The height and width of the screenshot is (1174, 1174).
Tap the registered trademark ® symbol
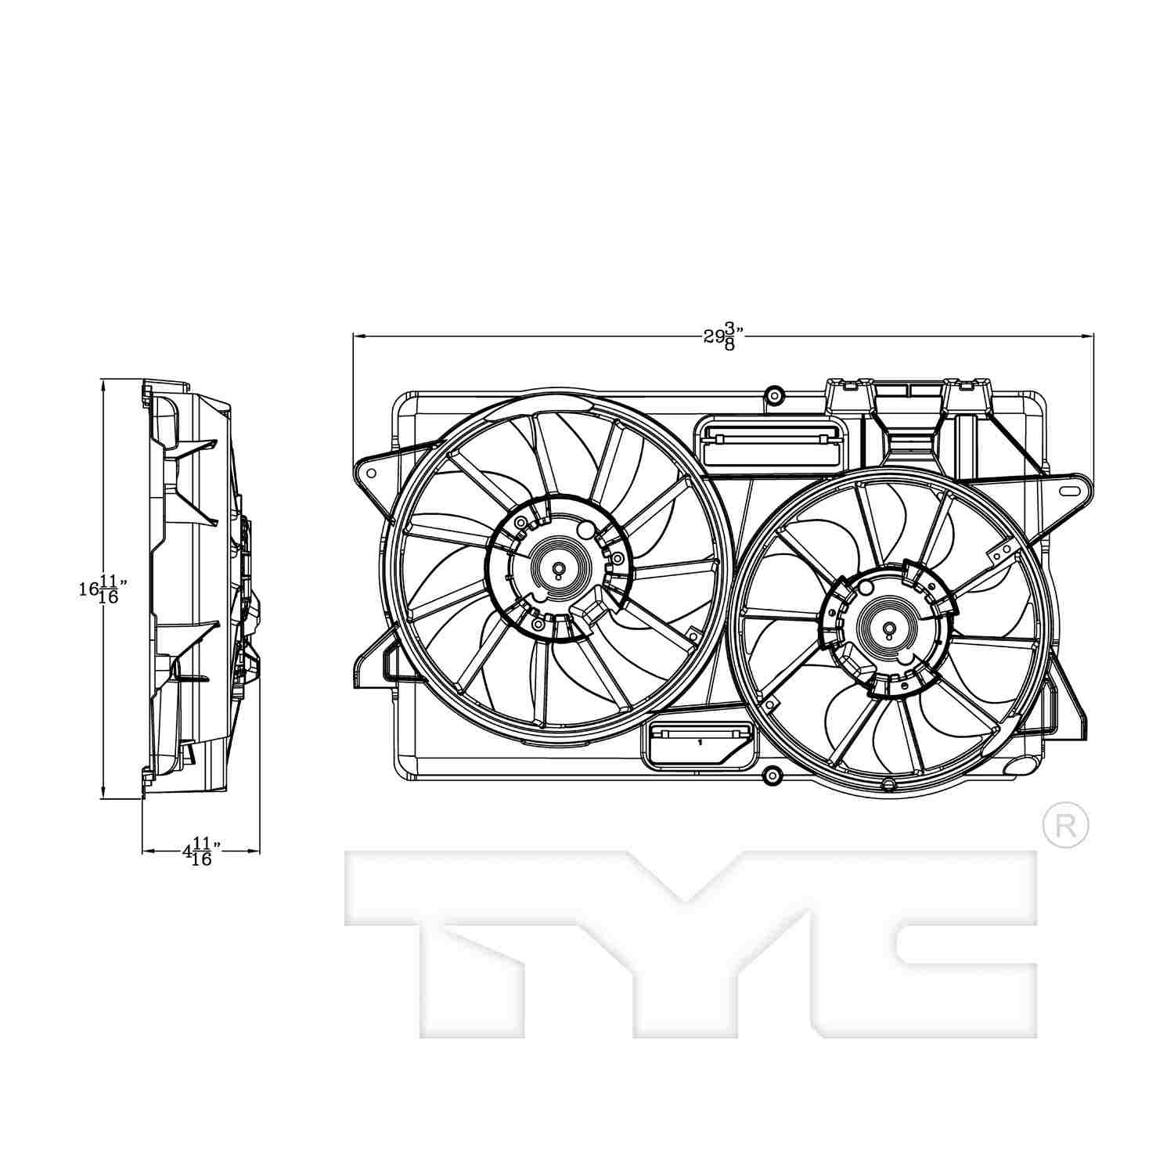click(x=1065, y=825)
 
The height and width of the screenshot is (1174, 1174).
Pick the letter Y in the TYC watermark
click(x=689, y=939)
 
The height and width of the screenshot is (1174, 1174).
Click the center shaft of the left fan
click(x=558, y=569)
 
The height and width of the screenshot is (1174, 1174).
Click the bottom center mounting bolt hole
click(x=772, y=776)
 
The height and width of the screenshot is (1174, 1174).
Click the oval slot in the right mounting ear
click(x=1068, y=491)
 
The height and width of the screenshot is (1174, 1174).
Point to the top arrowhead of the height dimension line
click(x=103, y=384)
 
